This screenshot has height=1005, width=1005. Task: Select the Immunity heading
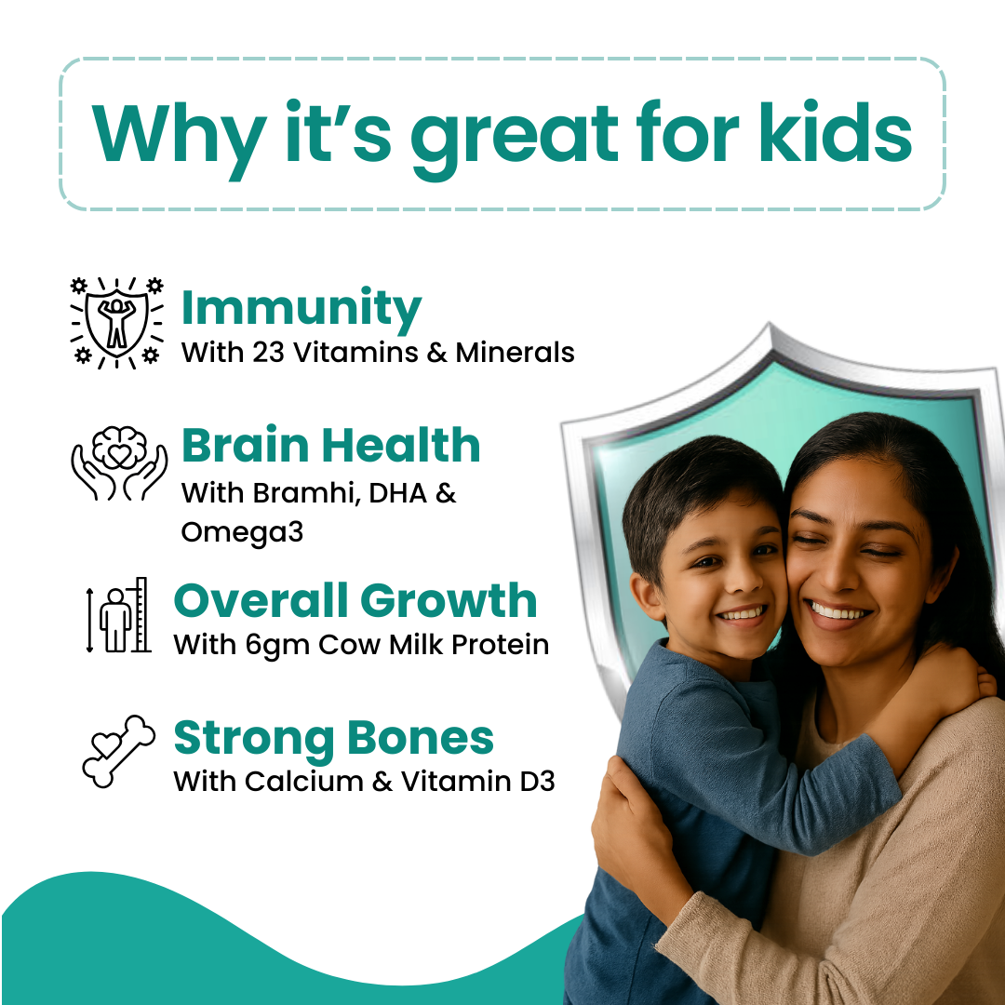point(301,309)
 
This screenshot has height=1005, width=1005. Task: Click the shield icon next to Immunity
point(116,322)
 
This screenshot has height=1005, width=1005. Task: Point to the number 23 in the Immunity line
point(268,353)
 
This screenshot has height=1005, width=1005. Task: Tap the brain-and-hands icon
point(119,463)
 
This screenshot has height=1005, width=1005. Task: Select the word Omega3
point(242,532)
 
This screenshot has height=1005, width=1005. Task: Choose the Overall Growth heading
point(355,601)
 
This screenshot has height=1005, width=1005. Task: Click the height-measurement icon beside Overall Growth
point(118,615)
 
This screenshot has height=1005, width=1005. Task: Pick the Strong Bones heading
point(333,738)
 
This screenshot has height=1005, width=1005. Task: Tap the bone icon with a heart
point(119,751)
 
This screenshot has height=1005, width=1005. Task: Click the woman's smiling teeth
point(837,611)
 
